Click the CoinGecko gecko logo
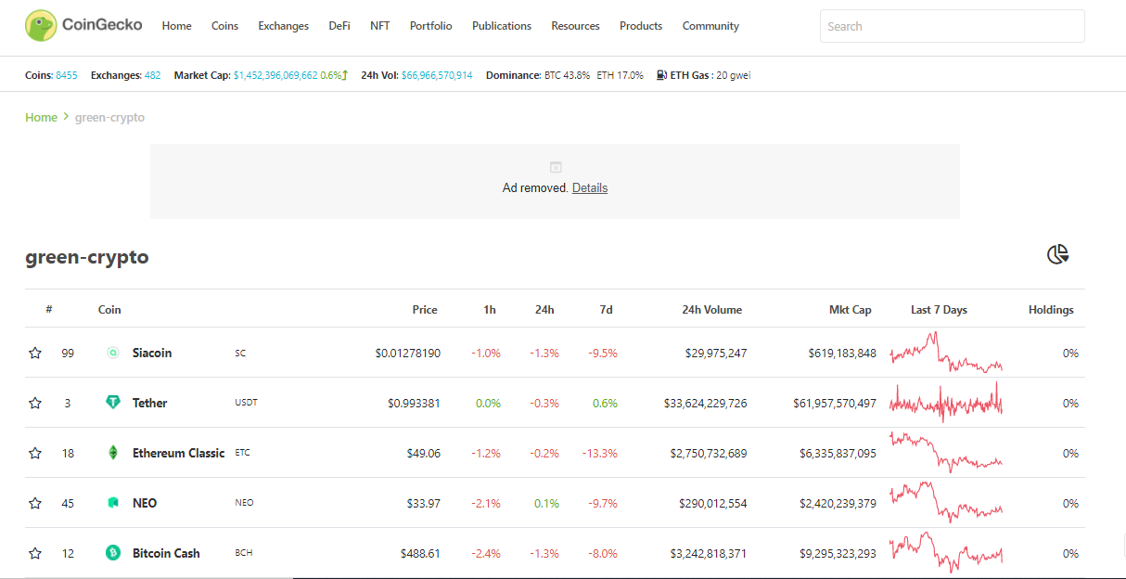click(41, 25)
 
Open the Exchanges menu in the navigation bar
click(283, 26)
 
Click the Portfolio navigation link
click(430, 26)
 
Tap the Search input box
click(952, 26)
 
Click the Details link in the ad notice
click(590, 187)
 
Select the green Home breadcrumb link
click(41, 117)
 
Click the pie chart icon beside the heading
click(1057, 254)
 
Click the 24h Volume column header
click(711, 309)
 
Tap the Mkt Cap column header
click(850, 309)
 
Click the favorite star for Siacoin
click(34, 353)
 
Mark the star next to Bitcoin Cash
click(34, 553)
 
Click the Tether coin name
click(150, 403)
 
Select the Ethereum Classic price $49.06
click(424, 453)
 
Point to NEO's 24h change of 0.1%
click(546, 503)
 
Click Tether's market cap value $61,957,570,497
click(835, 403)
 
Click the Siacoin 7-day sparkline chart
click(946, 352)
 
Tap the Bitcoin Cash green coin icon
click(113, 553)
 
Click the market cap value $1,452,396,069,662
click(275, 75)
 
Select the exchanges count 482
click(152, 75)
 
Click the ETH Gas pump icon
click(661, 75)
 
